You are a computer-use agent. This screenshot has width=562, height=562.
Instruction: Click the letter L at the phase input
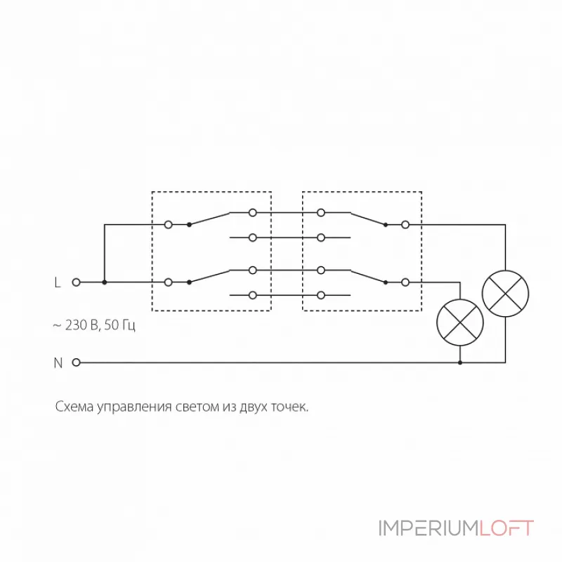(x=58, y=282)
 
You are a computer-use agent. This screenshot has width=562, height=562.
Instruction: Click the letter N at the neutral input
(x=58, y=362)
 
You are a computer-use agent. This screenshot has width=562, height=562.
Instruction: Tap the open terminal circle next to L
(x=76, y=282)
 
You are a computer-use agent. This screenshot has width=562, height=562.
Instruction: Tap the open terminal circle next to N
(x=76, y=362)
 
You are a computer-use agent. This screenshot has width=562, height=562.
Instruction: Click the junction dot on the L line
(x=104, y=282)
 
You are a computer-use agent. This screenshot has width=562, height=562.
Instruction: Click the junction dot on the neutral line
(x=460, y=362)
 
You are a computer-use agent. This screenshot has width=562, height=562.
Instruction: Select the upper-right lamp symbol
(x=505, y=294)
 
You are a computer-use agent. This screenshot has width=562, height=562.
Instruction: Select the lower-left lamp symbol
(x=460, y=322)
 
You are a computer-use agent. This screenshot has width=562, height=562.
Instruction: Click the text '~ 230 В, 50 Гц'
(x=94, y=325)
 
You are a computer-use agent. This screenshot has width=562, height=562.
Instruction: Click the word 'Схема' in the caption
(x=74, y=407)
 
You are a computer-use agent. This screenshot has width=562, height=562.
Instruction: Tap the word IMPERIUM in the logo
(x=429, y=528)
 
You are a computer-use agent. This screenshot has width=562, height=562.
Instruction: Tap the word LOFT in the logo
(x=507, y=528)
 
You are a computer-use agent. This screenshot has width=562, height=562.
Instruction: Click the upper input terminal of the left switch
(x=168, y=225)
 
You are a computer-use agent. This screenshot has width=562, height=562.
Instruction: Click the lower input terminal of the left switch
(x=168, y=282)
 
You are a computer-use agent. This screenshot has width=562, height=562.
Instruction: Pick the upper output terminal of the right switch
(x=405, y=225)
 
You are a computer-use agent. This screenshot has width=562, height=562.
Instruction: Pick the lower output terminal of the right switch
(x=405, y=282)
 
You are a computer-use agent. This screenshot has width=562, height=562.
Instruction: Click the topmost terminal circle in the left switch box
(x=253, y=213)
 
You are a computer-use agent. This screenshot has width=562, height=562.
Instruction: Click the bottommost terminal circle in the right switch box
(x=321, y=295)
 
